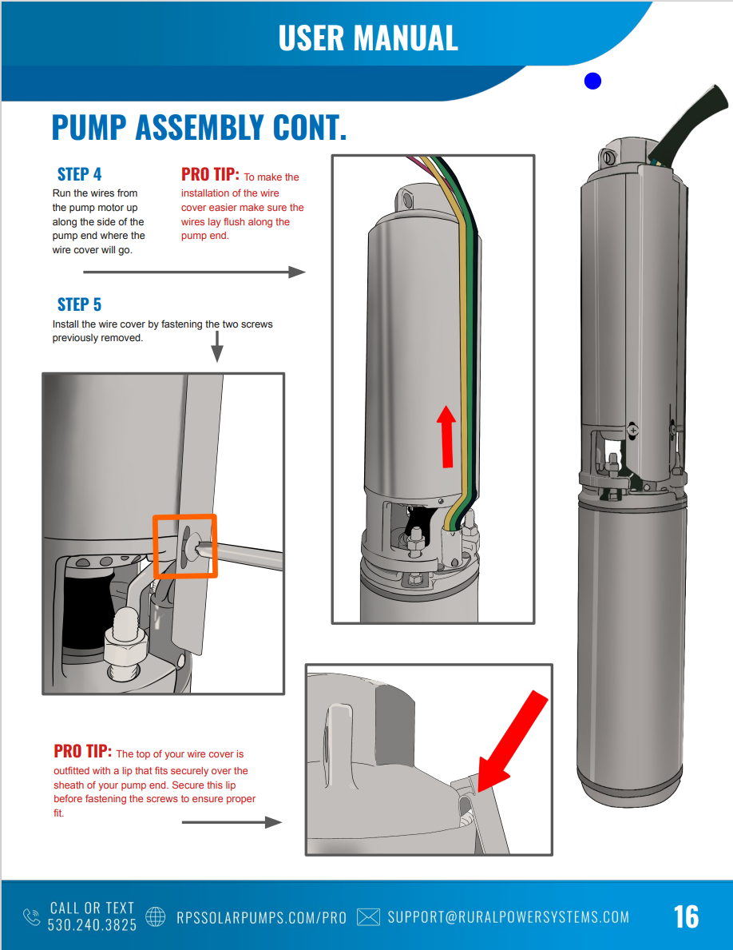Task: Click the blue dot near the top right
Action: coord(592,81)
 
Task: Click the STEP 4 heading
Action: coord(79,174)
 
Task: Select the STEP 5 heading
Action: coord(79,304)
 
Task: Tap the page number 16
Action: coord(686,916)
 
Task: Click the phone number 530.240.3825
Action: coord(92,924)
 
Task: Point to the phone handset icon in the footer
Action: coord(32,916)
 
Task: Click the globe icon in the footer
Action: coord(155,916)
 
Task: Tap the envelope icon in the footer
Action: coord(368,916)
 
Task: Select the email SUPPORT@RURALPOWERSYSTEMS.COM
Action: coord(508,917)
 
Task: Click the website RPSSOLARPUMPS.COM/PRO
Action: coord(261,918)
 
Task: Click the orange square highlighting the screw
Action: coord(185,546)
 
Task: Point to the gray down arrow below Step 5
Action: coord(216,347)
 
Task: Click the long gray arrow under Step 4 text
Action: coord(194,272)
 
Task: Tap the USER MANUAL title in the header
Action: coord(368,38)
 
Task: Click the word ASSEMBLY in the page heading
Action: coord(200,128)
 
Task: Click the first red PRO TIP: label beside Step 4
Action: coord(210,174)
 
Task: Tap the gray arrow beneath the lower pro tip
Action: coord(232,822)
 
